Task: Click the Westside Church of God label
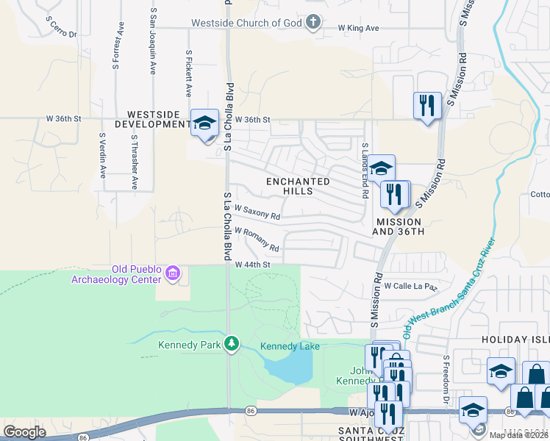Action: coord(246,23)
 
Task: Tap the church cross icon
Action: coord(314,21)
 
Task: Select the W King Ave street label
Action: coord(358,28)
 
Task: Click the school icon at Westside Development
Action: coord(204,123)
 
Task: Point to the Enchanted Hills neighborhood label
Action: coord(299,186)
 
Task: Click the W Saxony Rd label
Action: coord(257,216)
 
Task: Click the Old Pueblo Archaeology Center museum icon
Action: coord(173,274)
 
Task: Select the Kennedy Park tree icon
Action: coord(232,343)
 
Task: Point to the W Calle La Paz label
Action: coord(410,286)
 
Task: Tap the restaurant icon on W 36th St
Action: coord(426,106)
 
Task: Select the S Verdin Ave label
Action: coord(102,155)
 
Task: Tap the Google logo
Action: coord(25,432)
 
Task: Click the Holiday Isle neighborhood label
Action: coord(515,340)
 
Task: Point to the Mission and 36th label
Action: coord(399,226)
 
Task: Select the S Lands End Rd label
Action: coord(364,171)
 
